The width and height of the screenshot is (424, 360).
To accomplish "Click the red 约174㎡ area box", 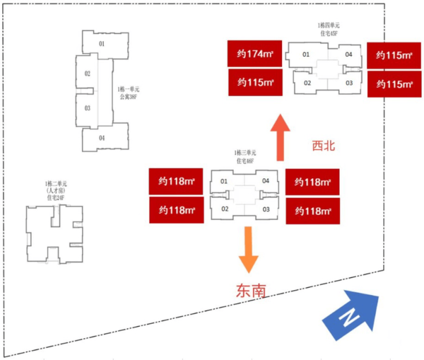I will click(255, 54).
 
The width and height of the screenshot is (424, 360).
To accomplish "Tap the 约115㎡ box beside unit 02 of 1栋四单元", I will click(255, 82).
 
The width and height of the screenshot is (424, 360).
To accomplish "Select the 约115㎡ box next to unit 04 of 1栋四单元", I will click(395, 56).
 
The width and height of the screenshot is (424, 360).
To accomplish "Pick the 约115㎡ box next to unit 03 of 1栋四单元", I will click(395, 84).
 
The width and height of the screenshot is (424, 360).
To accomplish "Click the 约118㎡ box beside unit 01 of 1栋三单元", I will click(177, 182).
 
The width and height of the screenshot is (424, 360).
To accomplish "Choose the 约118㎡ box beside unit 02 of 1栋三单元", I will click(177, 210).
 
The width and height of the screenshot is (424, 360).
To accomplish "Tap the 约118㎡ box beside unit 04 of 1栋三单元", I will click(312, 182).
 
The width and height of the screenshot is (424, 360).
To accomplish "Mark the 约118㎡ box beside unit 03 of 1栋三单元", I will click(312, 210).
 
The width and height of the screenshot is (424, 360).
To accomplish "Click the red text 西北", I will click(323, 146).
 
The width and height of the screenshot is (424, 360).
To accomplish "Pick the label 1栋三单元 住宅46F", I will click(245, 156).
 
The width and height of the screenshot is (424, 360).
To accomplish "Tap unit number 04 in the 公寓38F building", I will click(101, 138).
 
